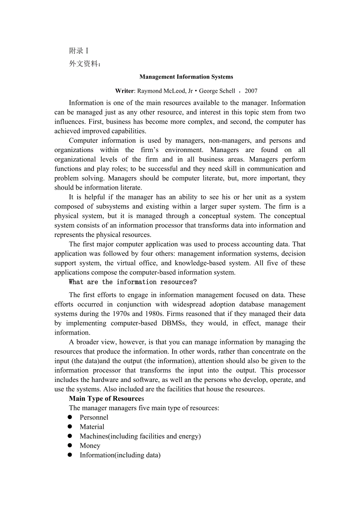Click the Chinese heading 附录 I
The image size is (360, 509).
tap(79, 51)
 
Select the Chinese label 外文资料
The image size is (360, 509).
tap(85, 64)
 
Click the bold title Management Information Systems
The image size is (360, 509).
tap(186, 77)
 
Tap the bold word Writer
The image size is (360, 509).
tap(124, 91)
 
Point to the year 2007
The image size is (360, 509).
tap(251, 91)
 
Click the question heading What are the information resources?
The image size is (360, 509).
tap(133, 282)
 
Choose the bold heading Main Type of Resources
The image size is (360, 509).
tap(106, 399)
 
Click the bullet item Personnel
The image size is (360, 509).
tap(94, 418)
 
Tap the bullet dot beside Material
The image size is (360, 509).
tap(70, 427)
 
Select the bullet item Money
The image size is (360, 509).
tap(90, 446)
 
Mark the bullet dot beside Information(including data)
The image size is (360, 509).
tap(70, 455)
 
